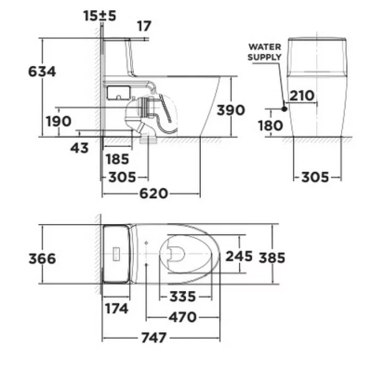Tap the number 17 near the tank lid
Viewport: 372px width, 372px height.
tap(144, 26)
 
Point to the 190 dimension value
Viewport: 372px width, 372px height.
tap(57, 121)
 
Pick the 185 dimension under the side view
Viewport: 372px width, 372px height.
tap(118, 159)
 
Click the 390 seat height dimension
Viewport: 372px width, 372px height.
tap(231, 111)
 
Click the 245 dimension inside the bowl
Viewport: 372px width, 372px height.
tap(240, 256)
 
